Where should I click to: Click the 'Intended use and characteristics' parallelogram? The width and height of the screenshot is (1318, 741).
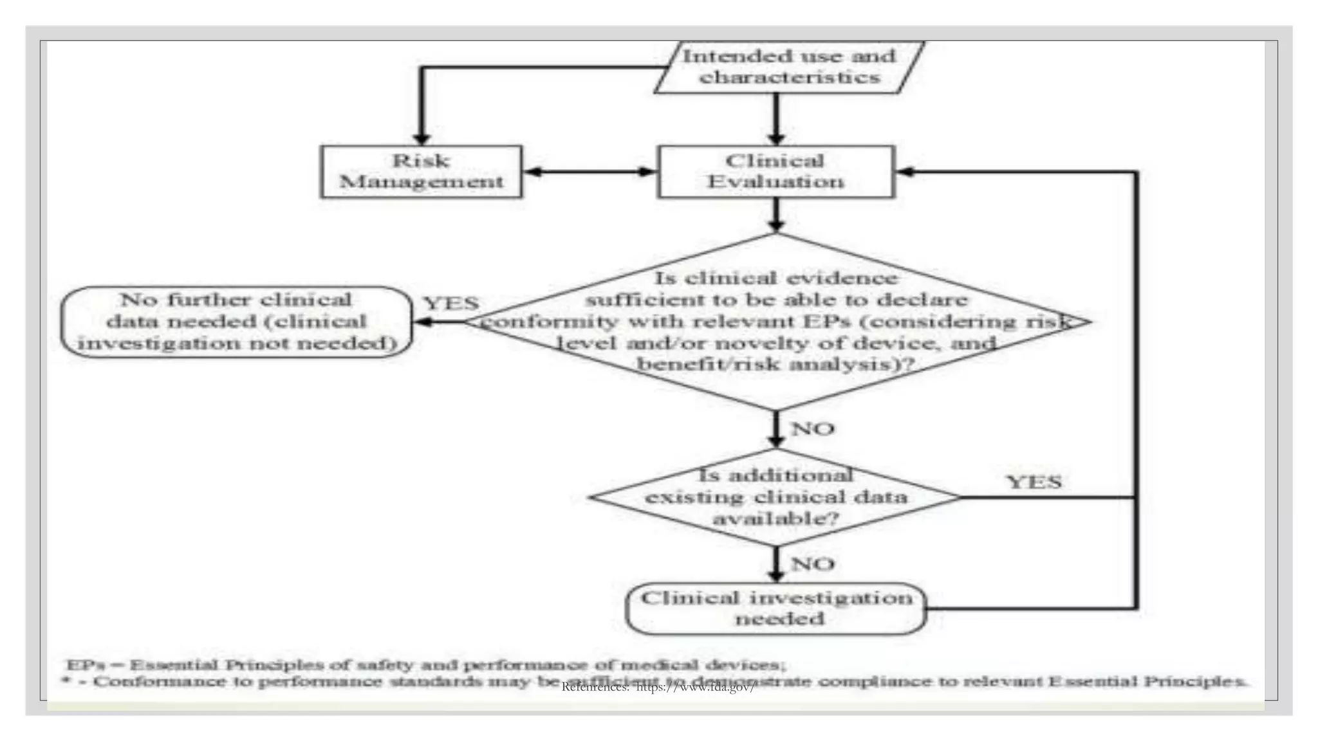coord(789,67)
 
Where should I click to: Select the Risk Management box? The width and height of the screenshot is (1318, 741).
coord(421,172)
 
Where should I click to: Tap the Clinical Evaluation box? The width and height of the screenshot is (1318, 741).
coord(775,172)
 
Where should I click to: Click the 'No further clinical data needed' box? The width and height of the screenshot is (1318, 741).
coord(236,322)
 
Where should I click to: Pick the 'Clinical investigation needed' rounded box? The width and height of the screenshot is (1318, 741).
coord(776,608)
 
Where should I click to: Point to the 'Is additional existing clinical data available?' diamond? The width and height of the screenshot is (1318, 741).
coord(775,497)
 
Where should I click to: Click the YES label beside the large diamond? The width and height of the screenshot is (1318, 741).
coord(451,303)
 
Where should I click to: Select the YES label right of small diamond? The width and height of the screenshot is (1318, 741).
coord(1034,482)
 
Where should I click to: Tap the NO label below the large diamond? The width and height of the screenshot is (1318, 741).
coord(812,428)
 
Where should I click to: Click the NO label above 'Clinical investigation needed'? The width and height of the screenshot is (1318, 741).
coord(812,564)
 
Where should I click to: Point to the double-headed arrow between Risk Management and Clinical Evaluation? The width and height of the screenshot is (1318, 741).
coord(589,172)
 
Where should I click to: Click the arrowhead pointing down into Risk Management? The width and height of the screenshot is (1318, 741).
coord(421,138)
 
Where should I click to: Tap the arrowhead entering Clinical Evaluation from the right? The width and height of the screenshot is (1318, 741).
coord(905,172)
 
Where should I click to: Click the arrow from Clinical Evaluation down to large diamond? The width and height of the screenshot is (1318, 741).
coord(776,215)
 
